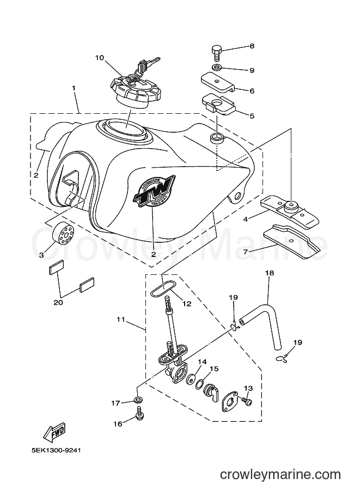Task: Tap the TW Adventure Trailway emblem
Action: point(154,191)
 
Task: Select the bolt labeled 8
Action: point(216,51)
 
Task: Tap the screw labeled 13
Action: point(247,401)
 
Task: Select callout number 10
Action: point(99,58)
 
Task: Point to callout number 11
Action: point(120,319)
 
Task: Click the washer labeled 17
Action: point(138,400)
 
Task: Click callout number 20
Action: point(58,302)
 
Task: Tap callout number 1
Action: point(74,88)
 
